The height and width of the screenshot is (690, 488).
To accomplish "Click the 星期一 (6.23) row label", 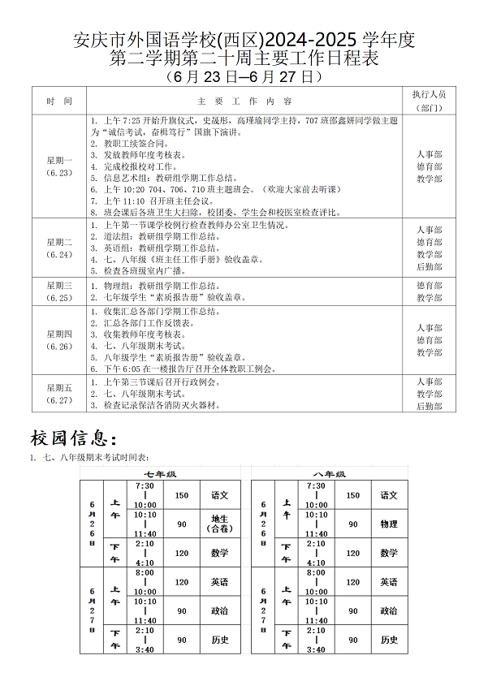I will [59, 166].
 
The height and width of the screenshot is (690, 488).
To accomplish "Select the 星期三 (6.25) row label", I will [59, 291].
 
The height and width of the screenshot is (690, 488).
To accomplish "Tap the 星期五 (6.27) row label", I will [59, 393].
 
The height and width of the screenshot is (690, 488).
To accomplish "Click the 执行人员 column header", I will [429, 100].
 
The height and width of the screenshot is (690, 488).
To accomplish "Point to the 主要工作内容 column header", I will [244, 101].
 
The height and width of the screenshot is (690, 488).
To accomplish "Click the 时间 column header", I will [59, 101].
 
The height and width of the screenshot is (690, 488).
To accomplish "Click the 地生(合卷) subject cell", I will [219, 524].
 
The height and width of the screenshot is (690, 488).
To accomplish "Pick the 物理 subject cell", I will [389, 524].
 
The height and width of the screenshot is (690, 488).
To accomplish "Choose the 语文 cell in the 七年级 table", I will [219, 495].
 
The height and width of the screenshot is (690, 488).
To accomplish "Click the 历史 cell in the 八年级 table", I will [389, 640].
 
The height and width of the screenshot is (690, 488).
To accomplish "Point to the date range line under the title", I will [244, 77].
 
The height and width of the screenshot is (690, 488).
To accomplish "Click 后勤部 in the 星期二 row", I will [429, 266].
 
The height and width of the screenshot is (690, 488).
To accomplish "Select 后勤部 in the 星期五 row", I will [429, 406].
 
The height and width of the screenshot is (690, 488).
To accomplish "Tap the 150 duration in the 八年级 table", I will [352, 495].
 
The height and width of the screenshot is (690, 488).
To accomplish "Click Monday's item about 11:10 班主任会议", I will [154, 201].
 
